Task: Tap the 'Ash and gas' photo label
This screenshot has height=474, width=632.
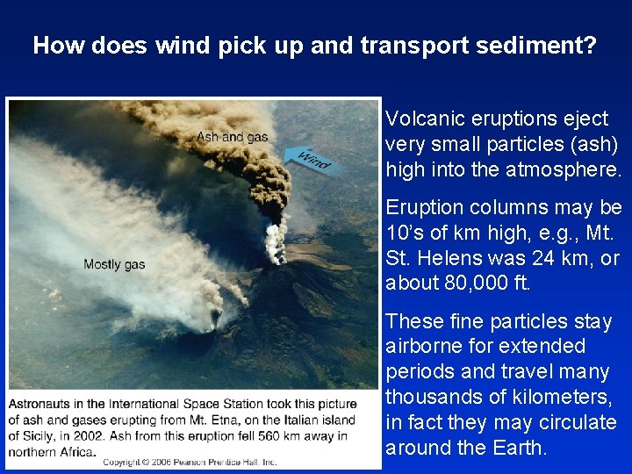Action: (x=232, y=137)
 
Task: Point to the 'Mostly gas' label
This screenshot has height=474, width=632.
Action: (x=114, y=264)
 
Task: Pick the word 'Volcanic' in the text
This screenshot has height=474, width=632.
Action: (x=423, y=118)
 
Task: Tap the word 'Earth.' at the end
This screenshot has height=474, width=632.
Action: (x=517, y=448)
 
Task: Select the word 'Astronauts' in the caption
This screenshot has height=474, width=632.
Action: (x=45, y=404)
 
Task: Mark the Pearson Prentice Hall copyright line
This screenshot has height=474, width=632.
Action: (x=190, y=462)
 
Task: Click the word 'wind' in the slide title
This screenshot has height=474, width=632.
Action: (x=181, y=46)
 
